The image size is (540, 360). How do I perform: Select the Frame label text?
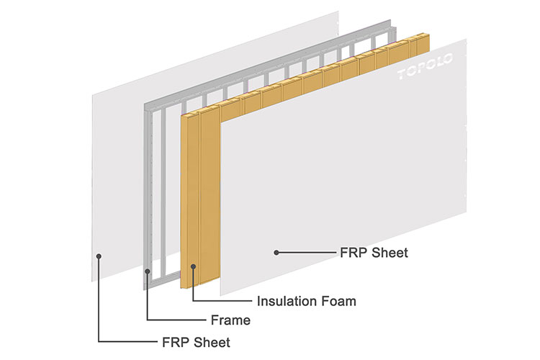tap(231, 320)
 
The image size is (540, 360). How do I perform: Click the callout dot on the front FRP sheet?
tap(276, 252)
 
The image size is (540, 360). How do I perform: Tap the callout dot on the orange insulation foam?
tap(192, 266)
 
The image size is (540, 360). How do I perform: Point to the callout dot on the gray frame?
tap(148, 271)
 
